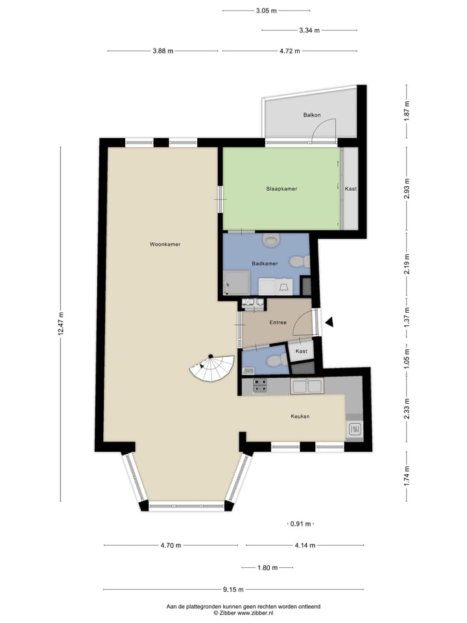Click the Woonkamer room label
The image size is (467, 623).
pos(165,245)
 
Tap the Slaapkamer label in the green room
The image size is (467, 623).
pos(281,189)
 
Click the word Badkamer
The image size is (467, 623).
pos(265,263)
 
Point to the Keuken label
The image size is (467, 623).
pos(300,416)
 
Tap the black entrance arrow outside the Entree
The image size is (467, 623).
pos(329,321)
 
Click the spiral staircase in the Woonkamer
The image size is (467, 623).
pos(211,370)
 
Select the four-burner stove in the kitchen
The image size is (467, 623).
pos(260,385)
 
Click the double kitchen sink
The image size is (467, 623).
pos(307,387)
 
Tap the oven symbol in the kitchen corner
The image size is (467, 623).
pos(355,429)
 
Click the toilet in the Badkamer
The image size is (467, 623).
pos(298,262)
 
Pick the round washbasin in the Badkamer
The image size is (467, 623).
pos(271,241)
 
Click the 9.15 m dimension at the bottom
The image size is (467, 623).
pos(233,590)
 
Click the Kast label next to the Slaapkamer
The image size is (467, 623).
pos(350,189)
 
